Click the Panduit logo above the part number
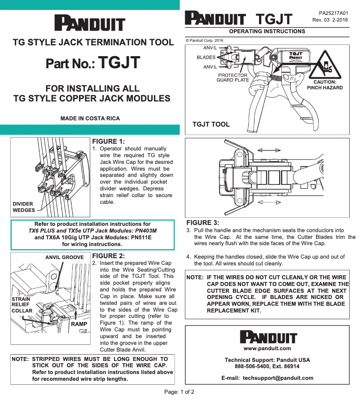point(89,23)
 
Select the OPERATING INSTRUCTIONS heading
point(267,31)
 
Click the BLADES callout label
point(206,57)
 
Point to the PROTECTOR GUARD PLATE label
point(233,78)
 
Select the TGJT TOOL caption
point(211,124)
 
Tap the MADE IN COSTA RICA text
point(90,119)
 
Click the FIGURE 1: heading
point(108,142)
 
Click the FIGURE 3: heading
point(203,223)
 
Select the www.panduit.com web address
point(267,348)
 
